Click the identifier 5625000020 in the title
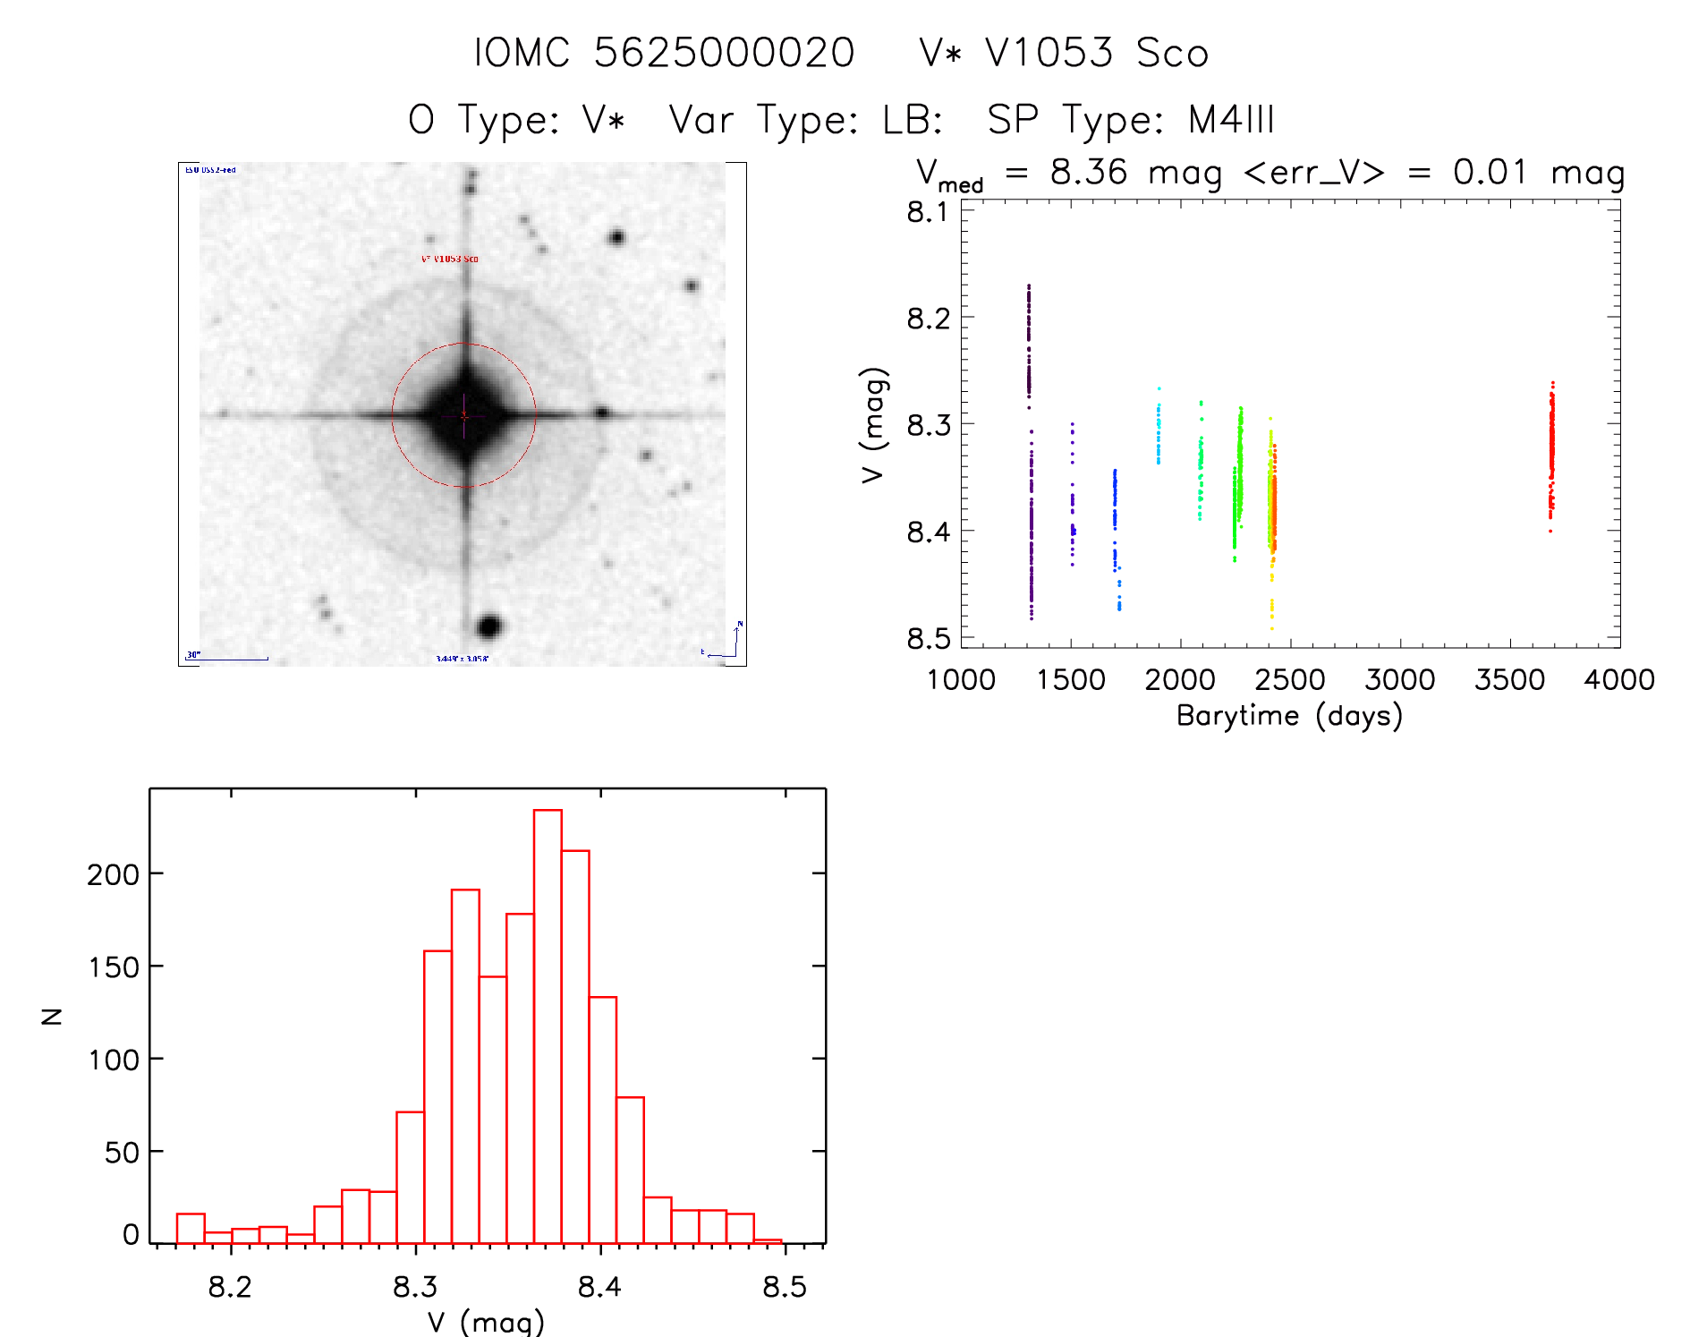coord(724,53)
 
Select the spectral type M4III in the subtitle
coord(1231,120)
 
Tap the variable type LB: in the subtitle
coord(913,120)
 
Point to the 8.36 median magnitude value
coord(1089,172)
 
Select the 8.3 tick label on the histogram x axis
coord(415,1287)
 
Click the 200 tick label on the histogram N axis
coord(114,874)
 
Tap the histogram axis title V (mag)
coord(486,1321)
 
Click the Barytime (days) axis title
coord(1289,716)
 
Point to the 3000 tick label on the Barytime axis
coord(1399,680)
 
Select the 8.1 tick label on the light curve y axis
coord(927,212)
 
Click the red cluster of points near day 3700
coord(1551,452)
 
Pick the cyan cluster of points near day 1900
coord(1159,434)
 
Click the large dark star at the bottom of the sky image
coord(488,626)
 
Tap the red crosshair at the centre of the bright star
coord(463,415)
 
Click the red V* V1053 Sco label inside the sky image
coord(450,259)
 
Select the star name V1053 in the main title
coord(1049,53)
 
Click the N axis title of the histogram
coord(52,1016)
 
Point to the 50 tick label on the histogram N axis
coord(122,1153)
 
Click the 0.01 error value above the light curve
coord(1489,172)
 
